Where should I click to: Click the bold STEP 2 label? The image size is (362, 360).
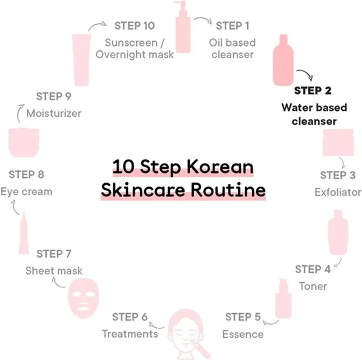pyautogui.click(x=313, y=91)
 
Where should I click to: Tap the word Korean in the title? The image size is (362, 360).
pyautogui.click(x=220, y=167)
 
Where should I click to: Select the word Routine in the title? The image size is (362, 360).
pyautogui.click(x=228, y=190)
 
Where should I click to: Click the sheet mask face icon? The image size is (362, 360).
pyautogui.click(x=83, y=298)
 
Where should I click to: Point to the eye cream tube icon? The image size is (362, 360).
pyautogui.click(x=24, y=232)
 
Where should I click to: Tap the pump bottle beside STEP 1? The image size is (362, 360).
pyautogui.click(x=183, y=27)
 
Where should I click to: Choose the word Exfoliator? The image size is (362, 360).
pyautogui.click(x=338, y=192)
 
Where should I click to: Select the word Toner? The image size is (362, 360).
pyautogui.click(x=313, y=286)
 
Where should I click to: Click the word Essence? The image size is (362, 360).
pyautogui.click(x=243, y=334)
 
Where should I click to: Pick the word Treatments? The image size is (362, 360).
pyautogui.click(x=130, y=334)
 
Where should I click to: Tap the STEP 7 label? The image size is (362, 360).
pyautogui.click(x=54, y=254)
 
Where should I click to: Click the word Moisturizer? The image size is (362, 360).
pyautogui.click(x=54, y=113)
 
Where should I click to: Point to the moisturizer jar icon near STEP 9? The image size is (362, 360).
pyautogui.click(x=24, y=142)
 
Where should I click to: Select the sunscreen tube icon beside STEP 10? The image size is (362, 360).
pyautogui.click(x=81, y=60)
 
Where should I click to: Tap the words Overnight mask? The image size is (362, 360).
pyautogui.click(x=135, y=55)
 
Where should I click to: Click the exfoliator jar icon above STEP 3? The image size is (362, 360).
pyautogui.click(x=338, y=142)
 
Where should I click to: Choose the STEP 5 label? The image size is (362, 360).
pyautogui.click(x=243, y=317)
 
